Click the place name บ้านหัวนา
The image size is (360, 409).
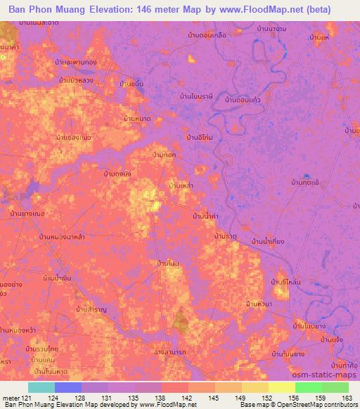[x=259, y=304]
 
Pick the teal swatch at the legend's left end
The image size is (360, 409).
[x=41, y=387]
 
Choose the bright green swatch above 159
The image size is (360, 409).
[x=309, y=387]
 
